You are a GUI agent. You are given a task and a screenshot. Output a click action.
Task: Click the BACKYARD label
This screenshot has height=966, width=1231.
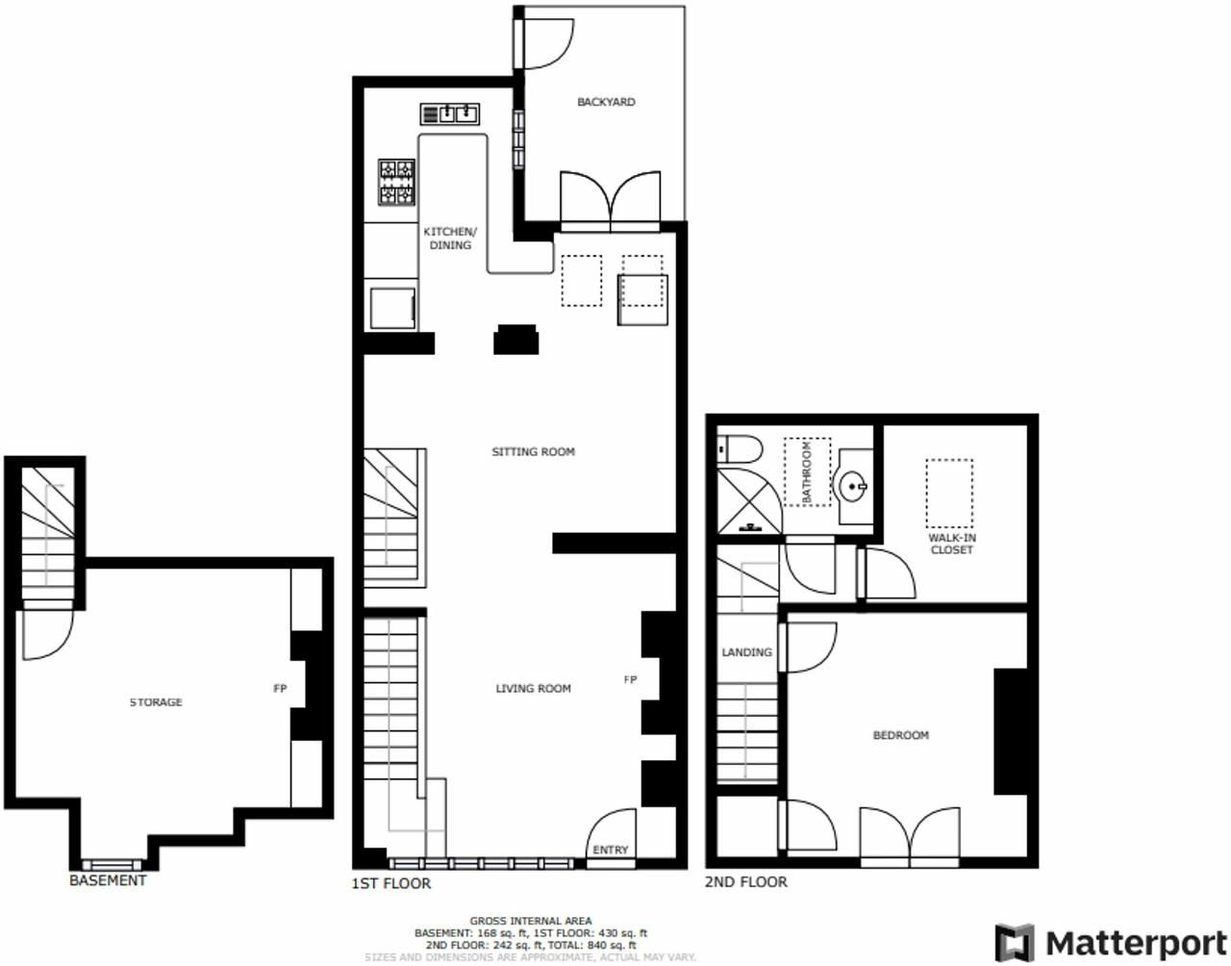pos(606,102)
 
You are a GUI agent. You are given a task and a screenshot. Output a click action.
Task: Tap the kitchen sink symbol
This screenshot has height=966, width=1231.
pos(449,114)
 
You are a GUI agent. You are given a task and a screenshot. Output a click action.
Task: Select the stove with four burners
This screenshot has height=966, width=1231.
pos(396,182)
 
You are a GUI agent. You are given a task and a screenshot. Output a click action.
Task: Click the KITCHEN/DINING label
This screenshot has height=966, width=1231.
pos(450,239)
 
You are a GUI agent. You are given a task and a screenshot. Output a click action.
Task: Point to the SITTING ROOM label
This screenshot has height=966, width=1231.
pos(533,451)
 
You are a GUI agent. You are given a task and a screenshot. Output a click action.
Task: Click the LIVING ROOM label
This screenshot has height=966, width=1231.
pos(533,689)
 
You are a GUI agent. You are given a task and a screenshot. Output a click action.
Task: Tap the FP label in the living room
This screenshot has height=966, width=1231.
pos(630,680)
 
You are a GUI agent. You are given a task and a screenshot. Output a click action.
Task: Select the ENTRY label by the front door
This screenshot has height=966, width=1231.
pos(610,850)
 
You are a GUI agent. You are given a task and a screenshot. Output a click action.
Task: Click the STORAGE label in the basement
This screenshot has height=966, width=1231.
pos(156,702)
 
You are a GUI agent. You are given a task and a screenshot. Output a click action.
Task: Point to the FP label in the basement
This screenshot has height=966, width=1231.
pos(280,689)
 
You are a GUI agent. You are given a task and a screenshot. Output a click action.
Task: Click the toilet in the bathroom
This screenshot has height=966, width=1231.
pos(740,449)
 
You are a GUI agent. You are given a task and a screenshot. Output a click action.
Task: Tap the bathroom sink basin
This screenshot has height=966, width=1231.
pos(853,487)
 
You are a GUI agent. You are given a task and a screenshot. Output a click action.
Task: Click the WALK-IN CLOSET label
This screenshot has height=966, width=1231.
pos(951,545)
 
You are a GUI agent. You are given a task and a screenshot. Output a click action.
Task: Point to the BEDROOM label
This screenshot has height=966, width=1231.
pos(900,735)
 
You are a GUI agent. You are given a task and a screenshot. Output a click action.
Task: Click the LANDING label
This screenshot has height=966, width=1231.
pos(746,652)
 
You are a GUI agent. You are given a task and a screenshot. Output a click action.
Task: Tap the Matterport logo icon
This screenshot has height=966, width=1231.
pos(1014,942)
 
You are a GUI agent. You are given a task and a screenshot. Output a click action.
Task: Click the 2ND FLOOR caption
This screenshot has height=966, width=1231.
pos(745,882)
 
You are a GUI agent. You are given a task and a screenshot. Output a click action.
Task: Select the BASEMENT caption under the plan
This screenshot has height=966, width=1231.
pos(108,880)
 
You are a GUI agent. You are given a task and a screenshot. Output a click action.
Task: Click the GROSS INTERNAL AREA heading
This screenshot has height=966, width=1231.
pos(531,921)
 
